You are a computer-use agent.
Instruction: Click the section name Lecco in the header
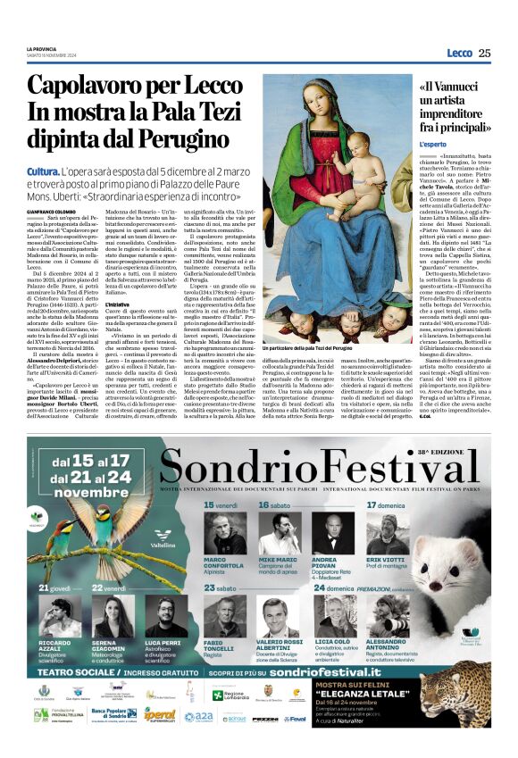click(459, 53)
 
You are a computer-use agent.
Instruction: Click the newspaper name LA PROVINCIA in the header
click(43, 49)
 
